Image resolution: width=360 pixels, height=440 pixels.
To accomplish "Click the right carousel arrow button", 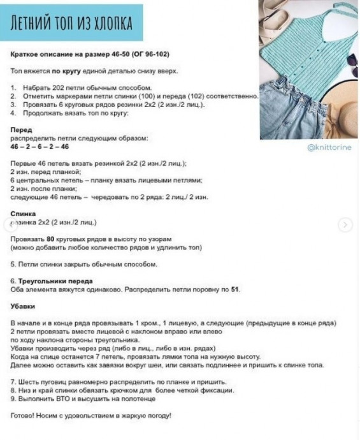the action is pyautogui.click(x=345, y=224).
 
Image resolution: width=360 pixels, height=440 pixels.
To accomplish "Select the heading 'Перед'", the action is pyautogui.click(x=22, y=129).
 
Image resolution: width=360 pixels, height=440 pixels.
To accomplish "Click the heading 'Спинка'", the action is pyautogui.click(x=25, y=214).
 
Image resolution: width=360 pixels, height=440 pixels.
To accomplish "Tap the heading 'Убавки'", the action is pyautogui.click(x=25, y=307).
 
